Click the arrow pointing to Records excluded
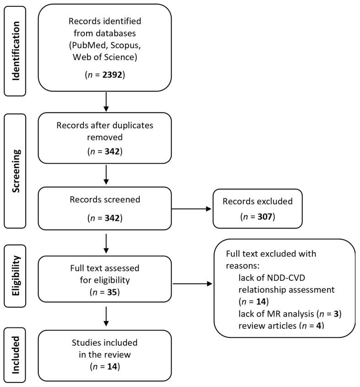click(x=191, y=209)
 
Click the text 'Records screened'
click(x=105, y=200)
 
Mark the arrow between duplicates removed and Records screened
click(x=106, y=174)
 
